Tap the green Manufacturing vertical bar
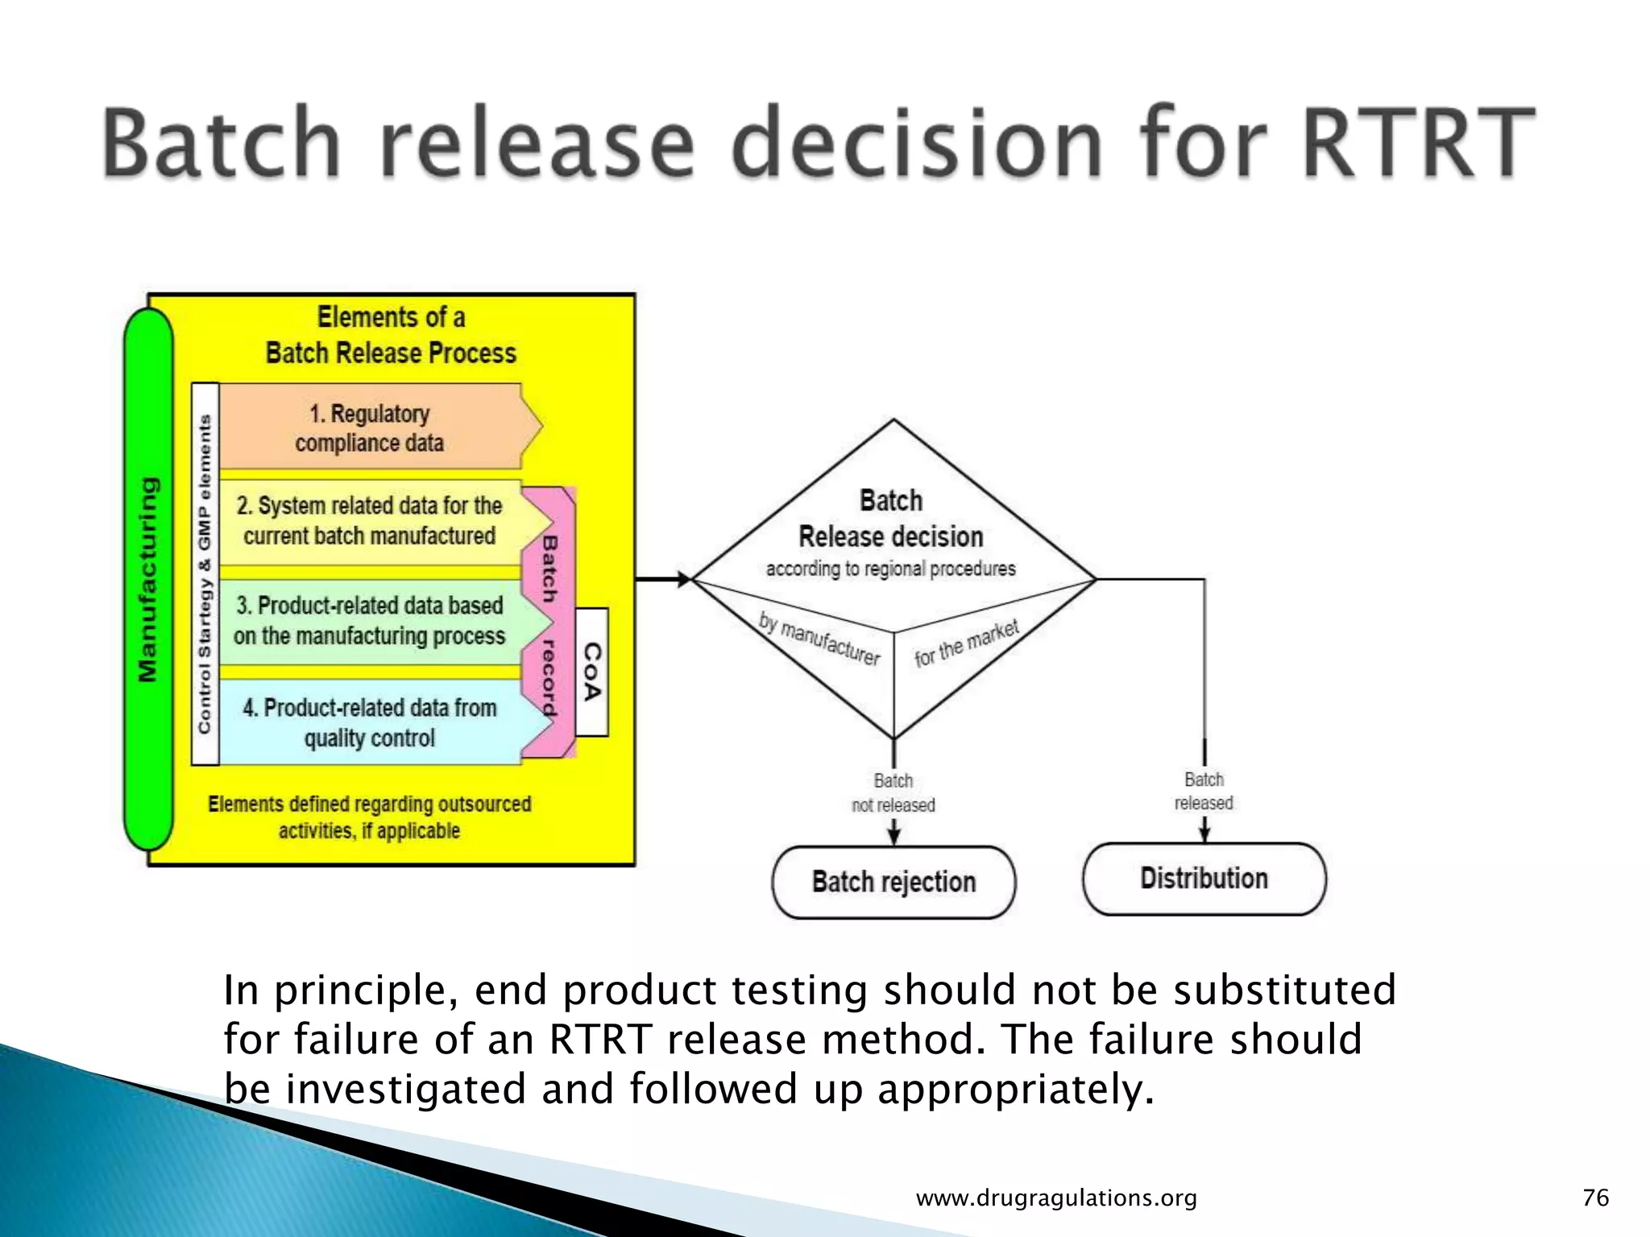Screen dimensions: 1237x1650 148,579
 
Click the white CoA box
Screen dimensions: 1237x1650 592,672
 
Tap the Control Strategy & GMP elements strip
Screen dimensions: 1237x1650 205,573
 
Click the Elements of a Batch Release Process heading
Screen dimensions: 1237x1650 391,335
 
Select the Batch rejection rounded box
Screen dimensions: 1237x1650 893,882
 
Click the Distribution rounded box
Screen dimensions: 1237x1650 1204,879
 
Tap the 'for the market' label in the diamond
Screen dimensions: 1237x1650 966,643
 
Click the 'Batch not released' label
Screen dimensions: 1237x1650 893,792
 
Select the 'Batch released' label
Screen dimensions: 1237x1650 1204,791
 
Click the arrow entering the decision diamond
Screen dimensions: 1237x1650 664,579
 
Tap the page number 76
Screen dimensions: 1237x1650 1595,1198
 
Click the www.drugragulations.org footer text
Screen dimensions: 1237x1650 1056,1198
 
